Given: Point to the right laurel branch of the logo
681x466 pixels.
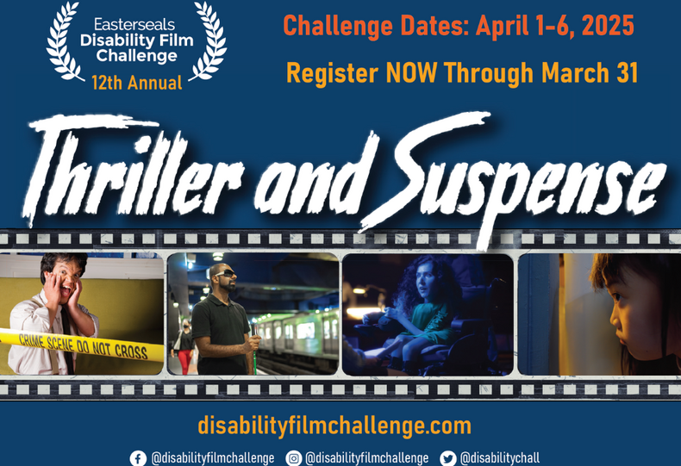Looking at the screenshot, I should tap(210, 41).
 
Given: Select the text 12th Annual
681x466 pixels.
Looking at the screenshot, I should tap(137, 83).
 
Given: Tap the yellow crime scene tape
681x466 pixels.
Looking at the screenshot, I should tap(86, 344).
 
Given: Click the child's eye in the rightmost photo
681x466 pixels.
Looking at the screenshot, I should tap(617, 295).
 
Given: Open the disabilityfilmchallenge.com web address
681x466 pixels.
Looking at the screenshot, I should tap(334, 426).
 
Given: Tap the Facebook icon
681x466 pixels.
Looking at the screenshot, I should tap(138, 458).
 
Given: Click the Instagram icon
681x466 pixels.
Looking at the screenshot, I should tap(294, 458).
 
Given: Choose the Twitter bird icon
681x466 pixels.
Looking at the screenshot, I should tap(447, 458).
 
